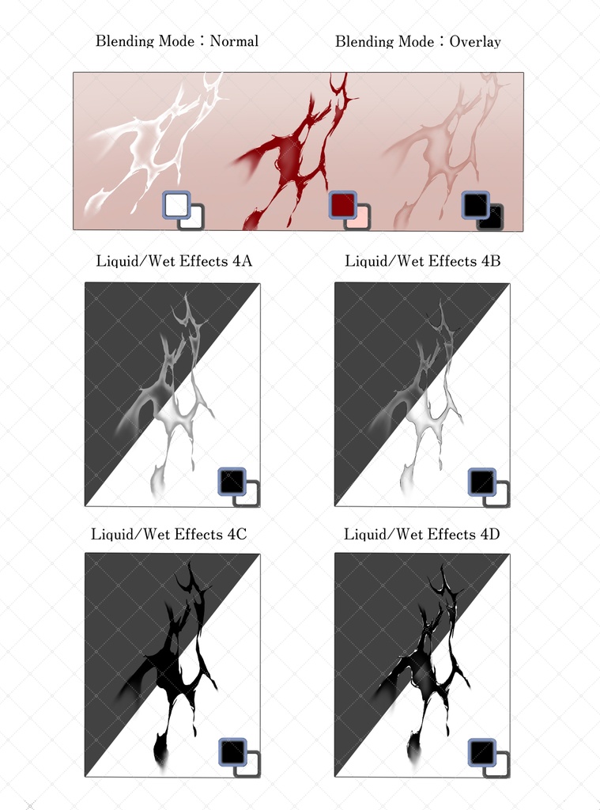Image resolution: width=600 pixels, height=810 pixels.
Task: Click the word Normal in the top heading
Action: [x=234, y=41]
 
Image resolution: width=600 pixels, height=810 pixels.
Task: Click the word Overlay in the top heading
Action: [x=475, y=42]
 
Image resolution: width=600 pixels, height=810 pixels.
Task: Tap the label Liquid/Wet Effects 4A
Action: [x=174, y=261]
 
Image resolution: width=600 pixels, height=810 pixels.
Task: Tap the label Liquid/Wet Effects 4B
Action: [x=422, y=261]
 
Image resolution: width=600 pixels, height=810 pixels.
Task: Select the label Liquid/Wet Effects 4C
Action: [x=169, y=534]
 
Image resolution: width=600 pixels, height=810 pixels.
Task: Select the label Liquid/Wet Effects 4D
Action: [x=422, y=534]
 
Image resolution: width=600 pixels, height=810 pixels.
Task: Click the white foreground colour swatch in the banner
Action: [x=176, y=205]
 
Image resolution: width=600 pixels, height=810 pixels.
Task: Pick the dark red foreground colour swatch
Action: [x=343, y=205]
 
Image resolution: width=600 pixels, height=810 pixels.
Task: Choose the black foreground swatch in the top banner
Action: [x=476, y=205]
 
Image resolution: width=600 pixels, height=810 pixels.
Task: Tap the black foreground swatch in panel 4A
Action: [x=232, y=482]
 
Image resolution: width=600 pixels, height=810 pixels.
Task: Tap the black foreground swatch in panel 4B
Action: [x=481, y=482]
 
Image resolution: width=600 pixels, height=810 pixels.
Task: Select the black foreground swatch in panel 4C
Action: [x=232, y=751]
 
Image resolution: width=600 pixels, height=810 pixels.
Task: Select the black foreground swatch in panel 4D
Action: [x=482, y=751]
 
